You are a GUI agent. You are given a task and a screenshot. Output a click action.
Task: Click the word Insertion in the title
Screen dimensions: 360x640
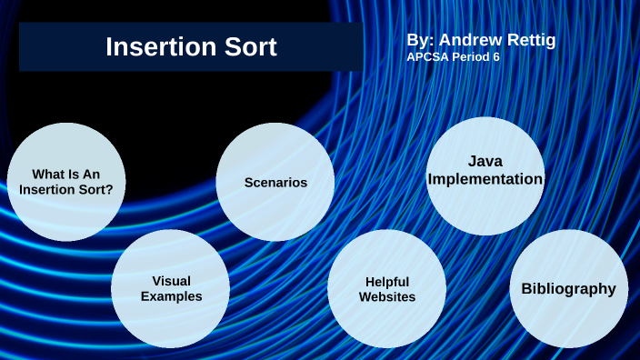158,47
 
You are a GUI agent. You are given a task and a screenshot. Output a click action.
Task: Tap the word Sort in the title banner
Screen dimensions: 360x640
246,47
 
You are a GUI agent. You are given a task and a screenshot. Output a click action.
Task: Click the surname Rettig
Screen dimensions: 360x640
530,40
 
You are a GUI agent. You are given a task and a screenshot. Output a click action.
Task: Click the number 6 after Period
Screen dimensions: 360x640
495,56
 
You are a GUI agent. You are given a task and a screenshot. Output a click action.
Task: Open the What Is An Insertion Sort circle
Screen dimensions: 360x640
65,182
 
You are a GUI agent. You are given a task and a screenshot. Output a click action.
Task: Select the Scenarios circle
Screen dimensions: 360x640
275,183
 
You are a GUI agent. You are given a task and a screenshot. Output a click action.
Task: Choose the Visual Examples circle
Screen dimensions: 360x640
171,289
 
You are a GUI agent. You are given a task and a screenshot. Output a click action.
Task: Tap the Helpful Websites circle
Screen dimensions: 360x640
386,289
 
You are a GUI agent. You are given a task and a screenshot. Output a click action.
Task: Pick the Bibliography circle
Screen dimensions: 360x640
568,289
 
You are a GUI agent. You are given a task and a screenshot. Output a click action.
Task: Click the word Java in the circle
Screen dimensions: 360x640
485,161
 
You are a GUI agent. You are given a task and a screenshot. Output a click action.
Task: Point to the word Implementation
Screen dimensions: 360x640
485,179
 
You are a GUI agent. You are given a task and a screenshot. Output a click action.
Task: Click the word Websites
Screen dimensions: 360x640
387,297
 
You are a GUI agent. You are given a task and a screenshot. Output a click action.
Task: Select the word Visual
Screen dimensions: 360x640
172,281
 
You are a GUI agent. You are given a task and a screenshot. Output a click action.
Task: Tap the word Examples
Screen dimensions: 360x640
172,297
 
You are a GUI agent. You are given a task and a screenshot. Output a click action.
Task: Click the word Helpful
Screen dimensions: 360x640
387,281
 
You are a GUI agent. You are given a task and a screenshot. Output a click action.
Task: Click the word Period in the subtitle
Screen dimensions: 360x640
470,56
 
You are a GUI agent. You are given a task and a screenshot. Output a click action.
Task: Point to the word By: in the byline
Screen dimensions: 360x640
420,40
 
